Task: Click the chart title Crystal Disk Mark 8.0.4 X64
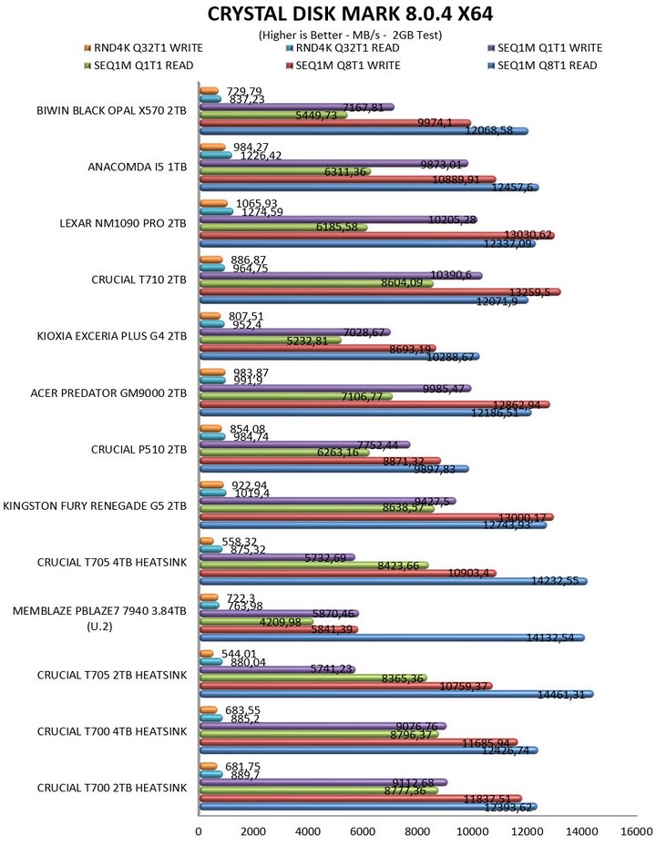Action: pyautogui.click(x=328, y=14)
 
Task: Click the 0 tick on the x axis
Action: pyautogui.click(x=199, y=831)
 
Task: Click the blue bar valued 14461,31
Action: pyautogui.click(x=395, y=694)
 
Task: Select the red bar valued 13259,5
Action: pyautogui.click(x=379, y=292)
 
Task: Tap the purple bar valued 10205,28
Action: pyautogui.click(x=337, y=219)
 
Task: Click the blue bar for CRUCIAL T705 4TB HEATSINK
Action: pyautogui.click(x=393, y=580)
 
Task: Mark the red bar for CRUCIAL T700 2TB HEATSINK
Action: pyautogui.click(x=360, y=799)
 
